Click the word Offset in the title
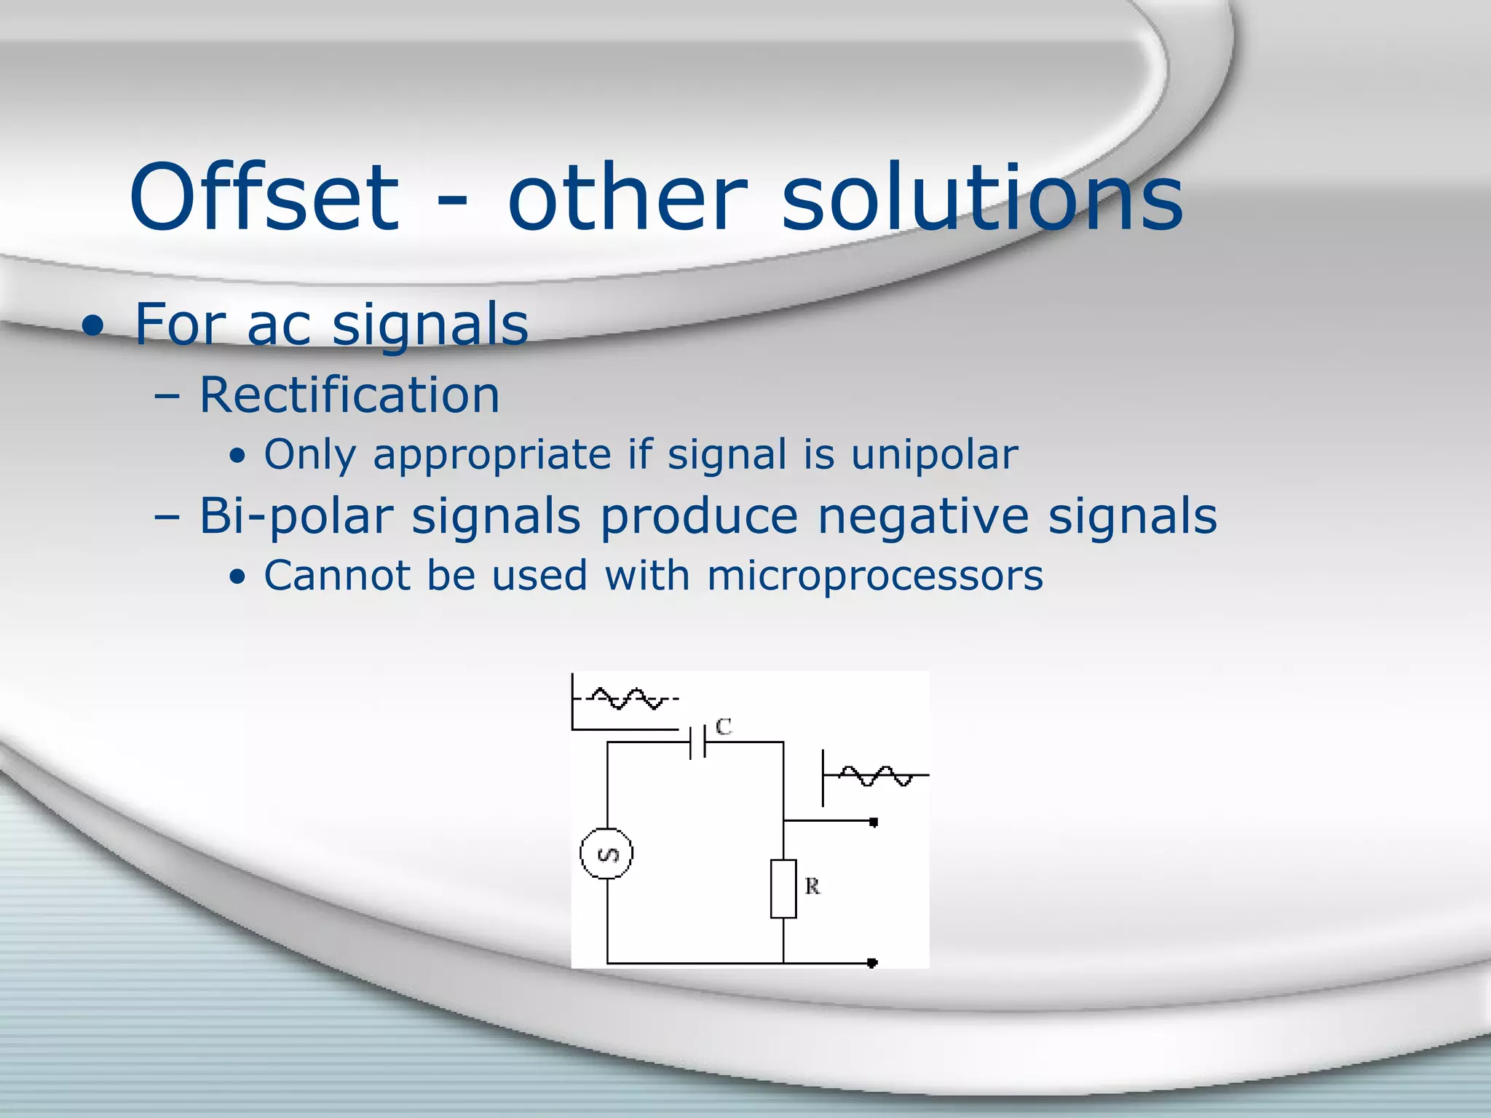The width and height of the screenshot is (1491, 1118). click(264, 198)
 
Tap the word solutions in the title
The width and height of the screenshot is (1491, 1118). click(982, 198)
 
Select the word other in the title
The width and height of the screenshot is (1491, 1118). click(628, 198)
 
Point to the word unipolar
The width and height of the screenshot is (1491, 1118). click(934, 456)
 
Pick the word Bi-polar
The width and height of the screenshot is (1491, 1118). click(296, 517)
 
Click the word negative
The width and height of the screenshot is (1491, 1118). click(922, 517)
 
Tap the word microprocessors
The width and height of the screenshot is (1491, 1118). click(874, 576)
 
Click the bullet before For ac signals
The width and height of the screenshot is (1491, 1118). click(93, 326)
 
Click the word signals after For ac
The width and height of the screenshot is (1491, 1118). click(430, 325)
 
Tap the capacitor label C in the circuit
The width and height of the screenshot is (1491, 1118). click(723, 726)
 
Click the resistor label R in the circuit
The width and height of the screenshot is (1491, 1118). click(812, 887)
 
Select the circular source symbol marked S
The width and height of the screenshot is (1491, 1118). click(606, 853)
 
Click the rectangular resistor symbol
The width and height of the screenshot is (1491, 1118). click(783, 888)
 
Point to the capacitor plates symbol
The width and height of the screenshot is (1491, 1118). click(697, 742)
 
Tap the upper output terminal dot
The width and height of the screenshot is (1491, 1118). click(874, 822)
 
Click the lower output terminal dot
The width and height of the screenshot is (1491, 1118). click(873, 963)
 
